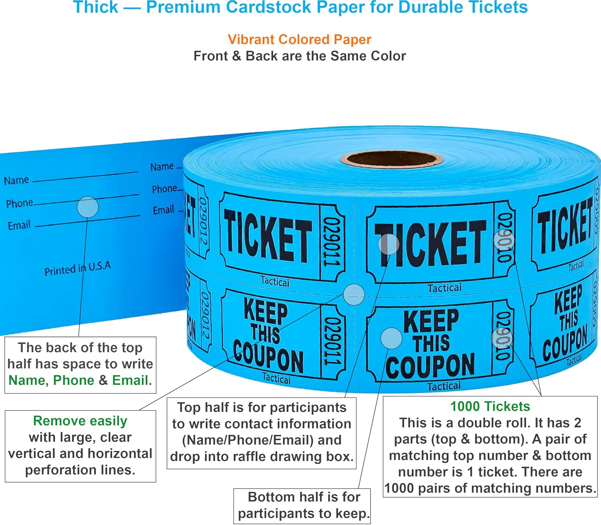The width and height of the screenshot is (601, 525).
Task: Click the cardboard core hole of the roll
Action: [391, 159]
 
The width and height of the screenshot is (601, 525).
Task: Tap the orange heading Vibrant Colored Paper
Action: [299, 39]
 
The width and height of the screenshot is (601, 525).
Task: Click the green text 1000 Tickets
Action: [490, 406]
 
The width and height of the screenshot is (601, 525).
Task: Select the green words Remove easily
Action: [80, 421]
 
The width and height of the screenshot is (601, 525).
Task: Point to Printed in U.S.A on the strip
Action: [77, 268]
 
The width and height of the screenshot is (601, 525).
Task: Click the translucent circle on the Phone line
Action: [87, 207]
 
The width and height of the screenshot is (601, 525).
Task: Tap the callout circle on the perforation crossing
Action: [354, 295]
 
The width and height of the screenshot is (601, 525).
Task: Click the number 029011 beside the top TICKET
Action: [332, 242]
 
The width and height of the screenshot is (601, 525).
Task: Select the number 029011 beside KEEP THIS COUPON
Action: [332, 341]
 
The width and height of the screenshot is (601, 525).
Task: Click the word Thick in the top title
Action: [96, 7]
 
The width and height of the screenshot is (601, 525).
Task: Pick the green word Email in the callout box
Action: [130, 380]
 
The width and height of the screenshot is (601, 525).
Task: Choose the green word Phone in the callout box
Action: [73, 380]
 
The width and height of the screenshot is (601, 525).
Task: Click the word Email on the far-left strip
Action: [19, 226]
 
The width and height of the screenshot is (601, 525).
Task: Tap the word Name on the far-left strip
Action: [16, 180]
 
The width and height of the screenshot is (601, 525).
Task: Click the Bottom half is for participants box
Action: [302, 505]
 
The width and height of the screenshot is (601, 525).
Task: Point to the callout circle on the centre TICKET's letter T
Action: [388, 244]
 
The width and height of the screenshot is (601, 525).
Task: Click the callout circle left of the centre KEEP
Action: [391, 338]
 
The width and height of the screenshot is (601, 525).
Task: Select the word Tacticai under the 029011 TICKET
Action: [275, 281]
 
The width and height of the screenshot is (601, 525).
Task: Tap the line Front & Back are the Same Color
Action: [299, 56]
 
